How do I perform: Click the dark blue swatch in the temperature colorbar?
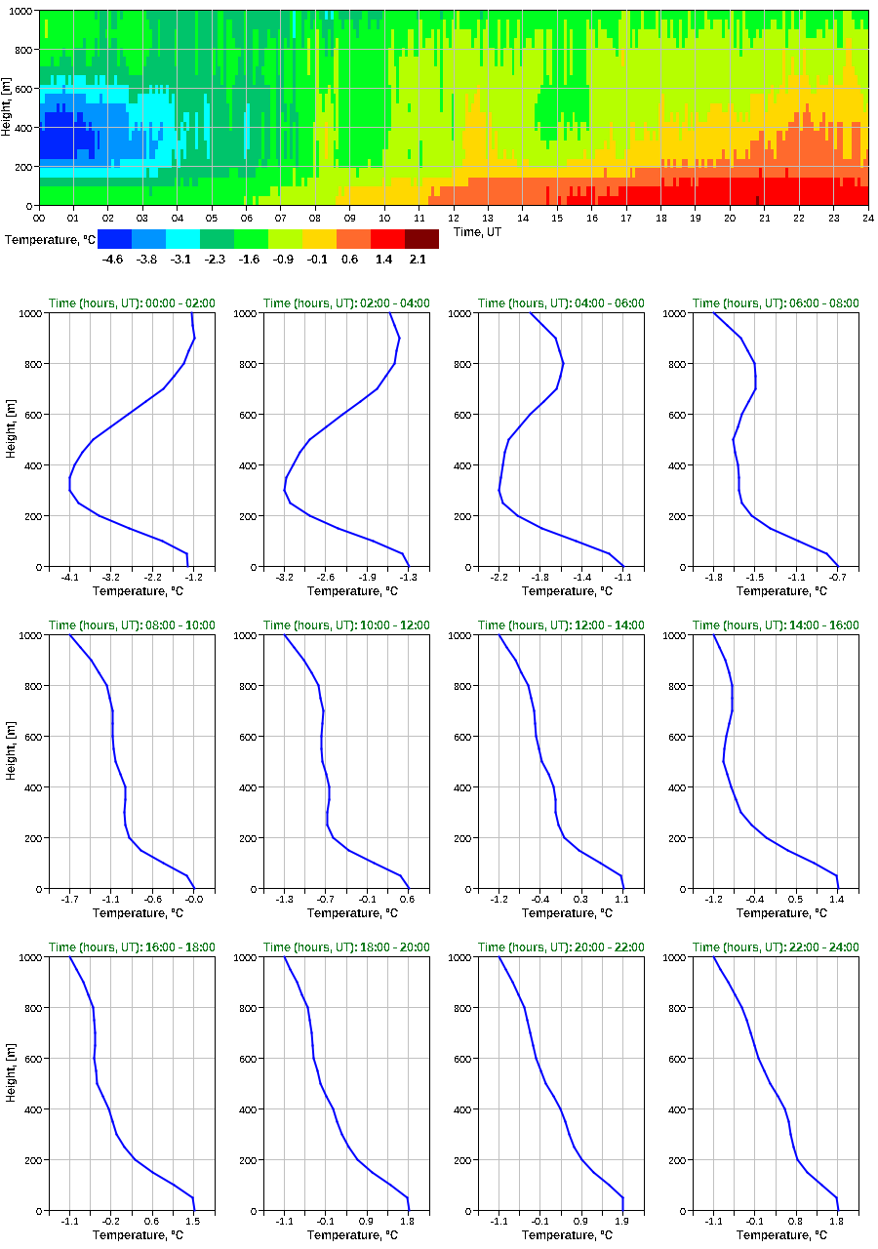pos(114,239)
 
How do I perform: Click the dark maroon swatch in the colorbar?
pos(421,239)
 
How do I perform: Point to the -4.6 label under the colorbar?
pos(114,259)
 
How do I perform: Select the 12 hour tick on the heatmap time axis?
pos(454,219)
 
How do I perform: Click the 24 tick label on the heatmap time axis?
pos(867,219)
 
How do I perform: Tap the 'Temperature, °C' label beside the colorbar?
pos(49,239)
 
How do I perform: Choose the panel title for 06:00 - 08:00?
pos(776,303)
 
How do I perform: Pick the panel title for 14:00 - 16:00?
pos(776,625)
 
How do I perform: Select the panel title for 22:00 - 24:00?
pos(776,947)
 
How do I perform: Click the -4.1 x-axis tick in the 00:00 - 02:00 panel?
pos(69,578)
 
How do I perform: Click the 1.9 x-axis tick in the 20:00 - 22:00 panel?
pos(622,1222)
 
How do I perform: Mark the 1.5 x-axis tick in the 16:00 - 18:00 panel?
pos(193,1222)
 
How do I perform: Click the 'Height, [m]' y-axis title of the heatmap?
pos(9,108)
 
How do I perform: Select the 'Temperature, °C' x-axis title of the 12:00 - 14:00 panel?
pos(561,913)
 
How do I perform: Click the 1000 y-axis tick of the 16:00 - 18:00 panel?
pos(26,957)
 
